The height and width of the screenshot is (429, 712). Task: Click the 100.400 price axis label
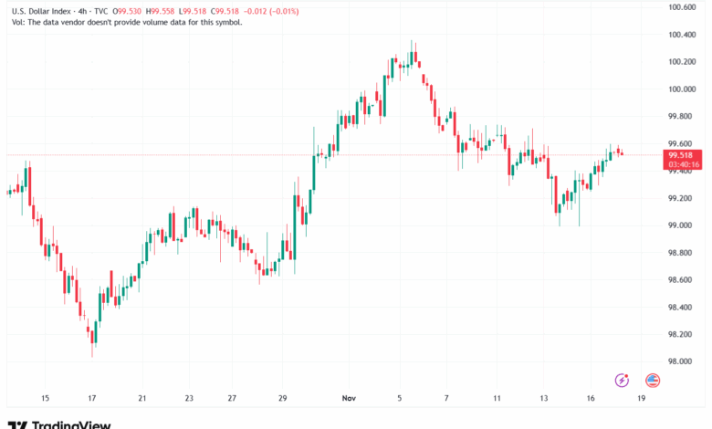682,35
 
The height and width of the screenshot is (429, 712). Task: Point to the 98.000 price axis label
682,361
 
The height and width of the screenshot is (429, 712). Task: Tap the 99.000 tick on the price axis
682,225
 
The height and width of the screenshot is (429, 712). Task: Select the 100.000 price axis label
682,89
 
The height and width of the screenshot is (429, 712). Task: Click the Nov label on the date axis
349,399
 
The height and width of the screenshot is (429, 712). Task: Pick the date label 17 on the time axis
92,399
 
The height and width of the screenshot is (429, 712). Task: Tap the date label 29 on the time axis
283,399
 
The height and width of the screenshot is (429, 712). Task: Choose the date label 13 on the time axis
543,399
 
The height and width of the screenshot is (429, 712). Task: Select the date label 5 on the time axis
399,399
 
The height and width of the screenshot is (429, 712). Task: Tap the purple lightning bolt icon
623,380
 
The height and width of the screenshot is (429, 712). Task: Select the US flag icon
653,380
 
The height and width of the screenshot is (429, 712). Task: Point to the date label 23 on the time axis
189,399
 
